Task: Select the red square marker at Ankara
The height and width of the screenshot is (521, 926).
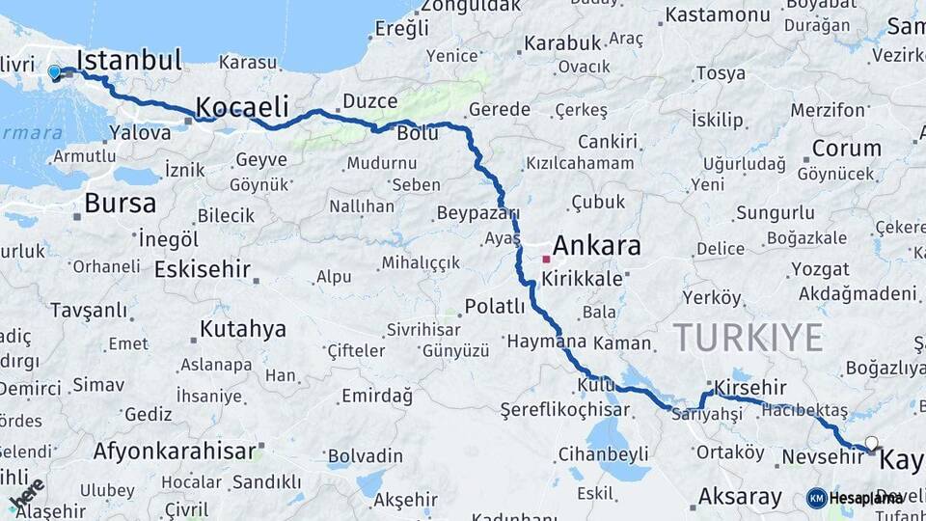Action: click(546, 259)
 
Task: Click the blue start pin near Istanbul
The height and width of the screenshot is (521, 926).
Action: click(54, 71)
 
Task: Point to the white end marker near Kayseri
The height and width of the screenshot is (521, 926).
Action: click(872, 444)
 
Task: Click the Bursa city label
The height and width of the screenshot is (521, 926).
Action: click(120, 204)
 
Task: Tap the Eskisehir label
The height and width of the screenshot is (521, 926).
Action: click(202, 269)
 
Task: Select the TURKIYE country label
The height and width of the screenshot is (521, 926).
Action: click(748, 338)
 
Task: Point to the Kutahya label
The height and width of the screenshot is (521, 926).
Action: click(242, 329)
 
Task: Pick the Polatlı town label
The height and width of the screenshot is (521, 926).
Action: click(495, 307)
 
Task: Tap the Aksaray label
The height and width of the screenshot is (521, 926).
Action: click(740, 497)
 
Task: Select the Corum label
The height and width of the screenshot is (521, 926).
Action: click(846, 149)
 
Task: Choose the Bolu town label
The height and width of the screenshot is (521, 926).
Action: click(418, 133)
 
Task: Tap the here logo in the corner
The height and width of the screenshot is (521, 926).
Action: click(26, 494)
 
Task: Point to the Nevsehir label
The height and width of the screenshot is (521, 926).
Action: click(823, 456)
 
